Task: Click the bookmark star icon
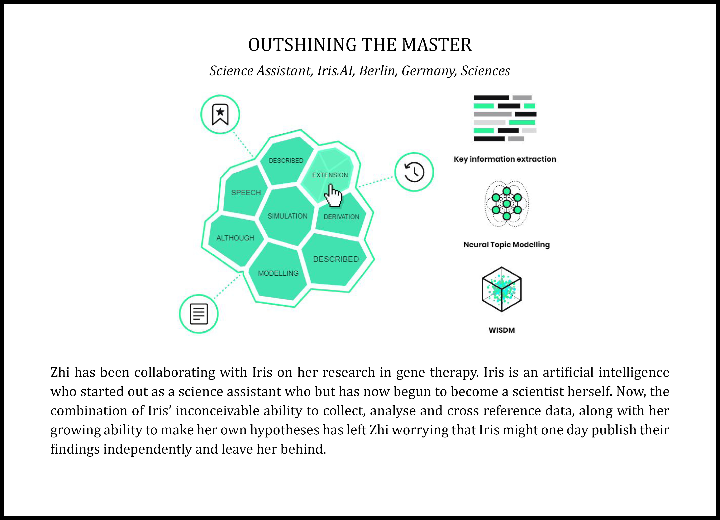[220, 114]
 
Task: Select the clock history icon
[414, 172]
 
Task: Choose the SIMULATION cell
[287, 216]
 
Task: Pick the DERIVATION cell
[341, 217]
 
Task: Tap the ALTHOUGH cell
[235, 238]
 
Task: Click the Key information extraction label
[505, 159]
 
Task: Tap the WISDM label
[502, 330]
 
